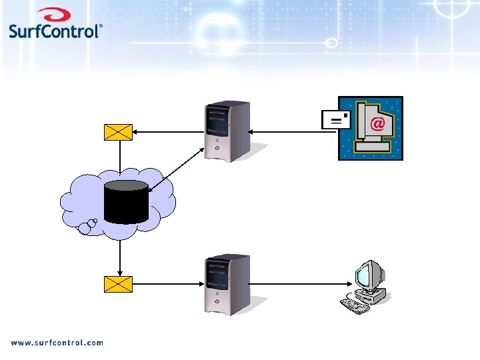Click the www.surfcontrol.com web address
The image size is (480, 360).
point(57,343)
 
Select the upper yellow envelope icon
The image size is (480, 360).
point(119,132)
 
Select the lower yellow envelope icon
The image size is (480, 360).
point(119,284)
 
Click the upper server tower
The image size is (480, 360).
point(228,131)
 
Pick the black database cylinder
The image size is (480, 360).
point(126,201)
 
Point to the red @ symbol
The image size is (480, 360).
point(377,123)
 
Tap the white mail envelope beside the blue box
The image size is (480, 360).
point(335,119)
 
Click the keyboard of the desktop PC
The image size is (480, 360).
point(354,305)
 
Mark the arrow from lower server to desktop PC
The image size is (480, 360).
point(293,284)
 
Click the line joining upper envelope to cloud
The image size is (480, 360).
point(119,155)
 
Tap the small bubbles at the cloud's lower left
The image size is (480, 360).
point(87,227)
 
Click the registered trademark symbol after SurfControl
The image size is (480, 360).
point(101,27)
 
